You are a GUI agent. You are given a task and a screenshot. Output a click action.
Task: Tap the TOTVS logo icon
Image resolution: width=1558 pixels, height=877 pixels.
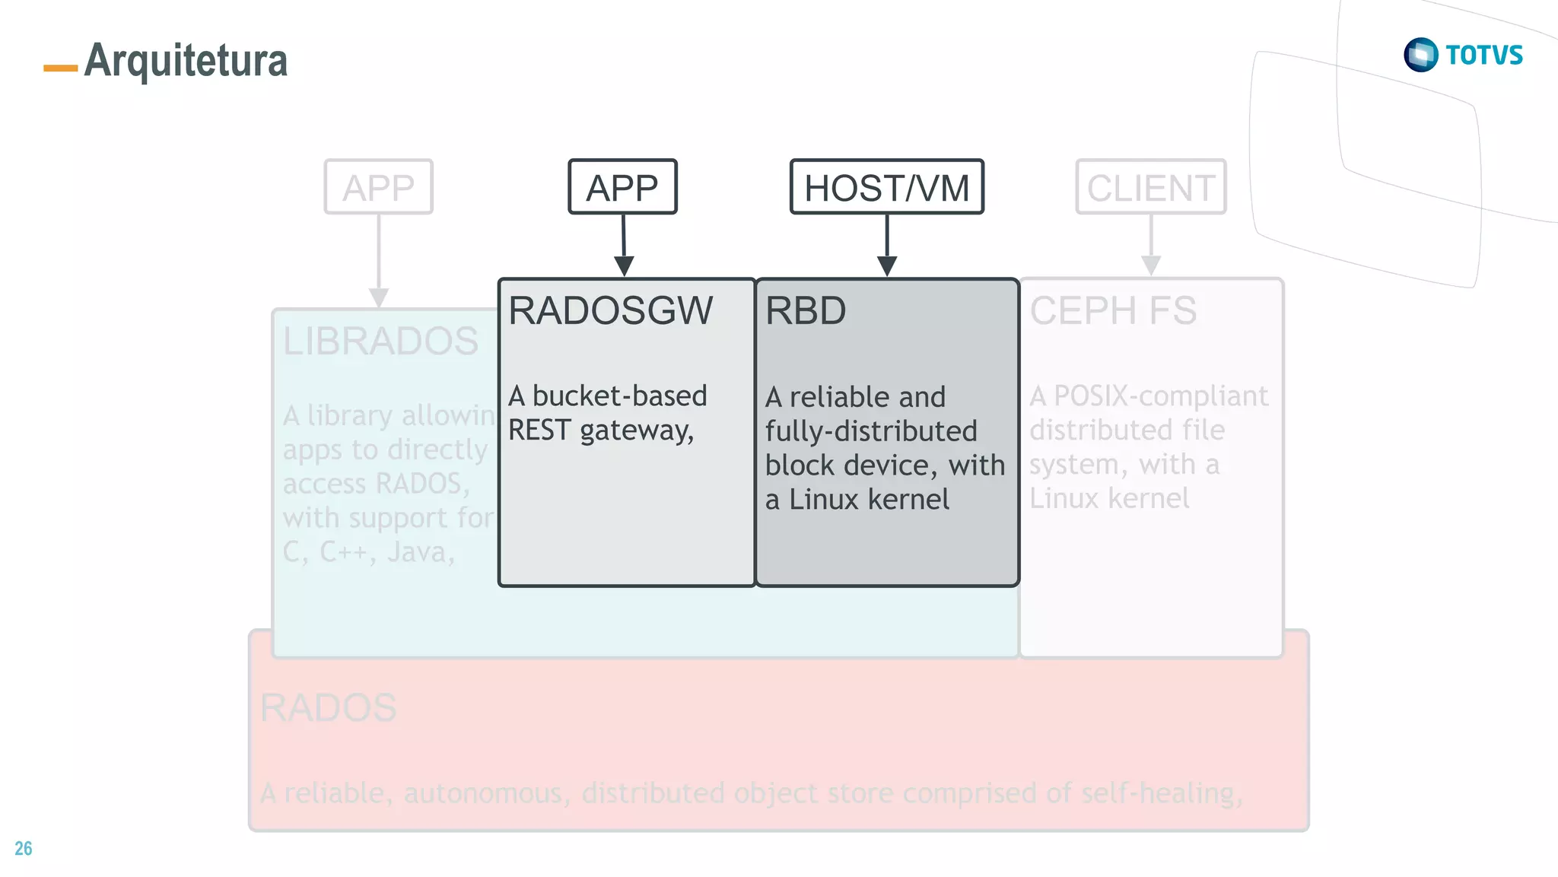pos(1420,55)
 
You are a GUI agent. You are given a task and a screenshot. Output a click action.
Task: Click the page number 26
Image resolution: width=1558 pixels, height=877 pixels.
pos(24,849)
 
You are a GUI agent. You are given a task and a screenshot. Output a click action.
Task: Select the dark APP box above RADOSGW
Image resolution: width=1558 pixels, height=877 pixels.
pos(622,187)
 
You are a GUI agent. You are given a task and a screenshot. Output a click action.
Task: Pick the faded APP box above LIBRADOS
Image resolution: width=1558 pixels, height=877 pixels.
pos(378,187)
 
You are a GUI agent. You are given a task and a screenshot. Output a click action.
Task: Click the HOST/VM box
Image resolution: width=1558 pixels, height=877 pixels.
pos(887,187)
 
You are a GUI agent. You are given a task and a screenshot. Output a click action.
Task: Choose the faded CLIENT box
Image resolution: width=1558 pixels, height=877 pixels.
pos(1150,187)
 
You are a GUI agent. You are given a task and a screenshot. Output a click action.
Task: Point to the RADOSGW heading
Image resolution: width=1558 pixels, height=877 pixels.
pos(611,310)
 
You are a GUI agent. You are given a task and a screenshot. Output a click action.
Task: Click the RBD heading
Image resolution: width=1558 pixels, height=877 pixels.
pos(806,310)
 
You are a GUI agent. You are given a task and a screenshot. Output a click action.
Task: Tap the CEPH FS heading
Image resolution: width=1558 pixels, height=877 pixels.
pos(1113,310)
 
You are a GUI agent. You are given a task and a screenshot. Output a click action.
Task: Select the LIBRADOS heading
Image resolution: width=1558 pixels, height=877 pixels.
pos(380,341)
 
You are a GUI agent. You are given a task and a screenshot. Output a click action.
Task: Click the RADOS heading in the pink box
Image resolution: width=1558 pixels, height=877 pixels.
pos(328,707)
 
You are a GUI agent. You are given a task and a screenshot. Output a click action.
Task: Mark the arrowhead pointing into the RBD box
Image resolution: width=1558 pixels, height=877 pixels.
pos(887,266)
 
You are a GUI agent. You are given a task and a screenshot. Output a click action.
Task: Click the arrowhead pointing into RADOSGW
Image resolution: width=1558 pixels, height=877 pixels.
pos(624,266)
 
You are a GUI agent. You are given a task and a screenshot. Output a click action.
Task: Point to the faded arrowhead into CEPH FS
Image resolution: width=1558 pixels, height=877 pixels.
pos(1151,265)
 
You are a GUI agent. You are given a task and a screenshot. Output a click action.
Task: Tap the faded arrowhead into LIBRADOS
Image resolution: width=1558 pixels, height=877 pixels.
pos(379,297)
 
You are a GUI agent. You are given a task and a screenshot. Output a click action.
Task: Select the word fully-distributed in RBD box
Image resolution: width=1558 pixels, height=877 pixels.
pos(870,431)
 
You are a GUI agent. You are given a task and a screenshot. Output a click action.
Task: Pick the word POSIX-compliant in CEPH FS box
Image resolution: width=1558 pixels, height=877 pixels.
pos(1161,396)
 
